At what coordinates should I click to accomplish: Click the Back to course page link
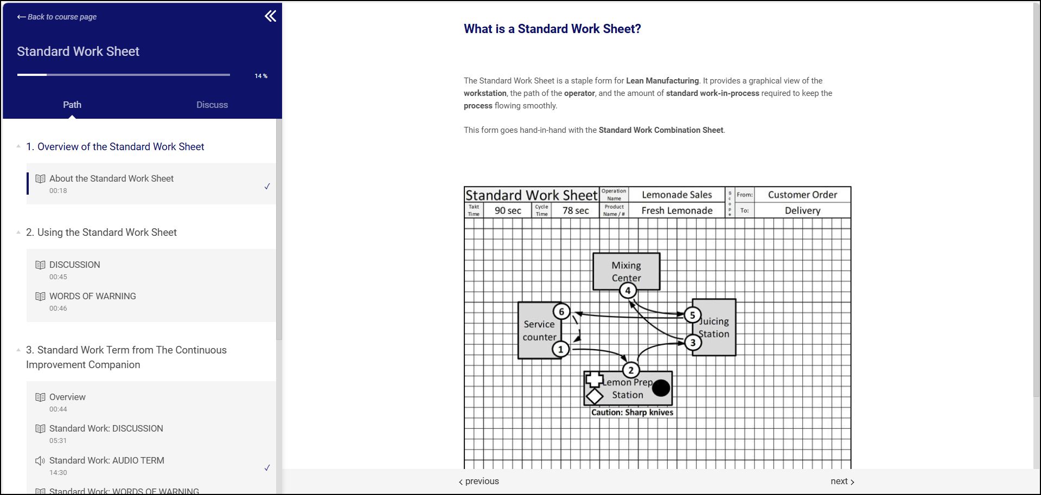57,17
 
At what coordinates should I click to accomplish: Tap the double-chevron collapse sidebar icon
270,16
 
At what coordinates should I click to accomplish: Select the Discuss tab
212,105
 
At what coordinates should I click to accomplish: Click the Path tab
72,105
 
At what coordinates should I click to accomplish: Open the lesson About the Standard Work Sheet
111,179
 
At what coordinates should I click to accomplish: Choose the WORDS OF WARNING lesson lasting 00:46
92,297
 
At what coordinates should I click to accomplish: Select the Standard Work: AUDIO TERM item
106,461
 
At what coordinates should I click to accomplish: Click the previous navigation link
479,481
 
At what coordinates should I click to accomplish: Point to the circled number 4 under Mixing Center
628,291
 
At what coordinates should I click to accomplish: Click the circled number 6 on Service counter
561,311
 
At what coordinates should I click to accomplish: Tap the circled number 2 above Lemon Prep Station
631,370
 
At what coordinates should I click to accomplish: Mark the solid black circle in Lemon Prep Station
661,388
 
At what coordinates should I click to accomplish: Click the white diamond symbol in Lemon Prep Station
595,396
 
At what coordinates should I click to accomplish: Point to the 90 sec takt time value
508,210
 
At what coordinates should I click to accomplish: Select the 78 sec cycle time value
576,210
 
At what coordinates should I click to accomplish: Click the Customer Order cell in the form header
802,195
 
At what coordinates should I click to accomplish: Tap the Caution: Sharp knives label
632,413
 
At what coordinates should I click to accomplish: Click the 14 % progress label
261,76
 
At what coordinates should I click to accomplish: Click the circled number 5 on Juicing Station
692,315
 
